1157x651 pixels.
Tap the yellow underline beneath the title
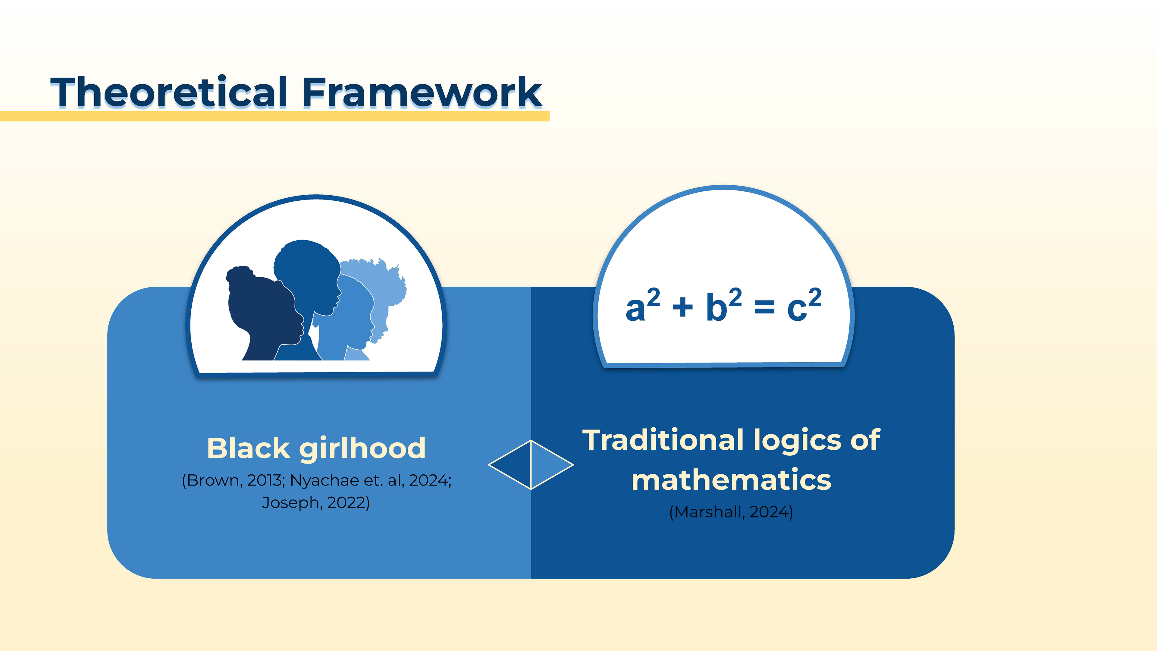pyautogui.click(x=275, y=116)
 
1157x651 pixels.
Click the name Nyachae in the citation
pyautogui.click(x=324, y=481)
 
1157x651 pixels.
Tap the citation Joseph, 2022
pyautogui.click(x=316, y=502)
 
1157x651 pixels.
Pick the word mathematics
pyautogui.click(x=731, y=480)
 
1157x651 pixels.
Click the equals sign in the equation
pyautogui.click(x=764, y=308)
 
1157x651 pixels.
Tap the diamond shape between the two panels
pyautogui.click(x=531, y=464)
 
